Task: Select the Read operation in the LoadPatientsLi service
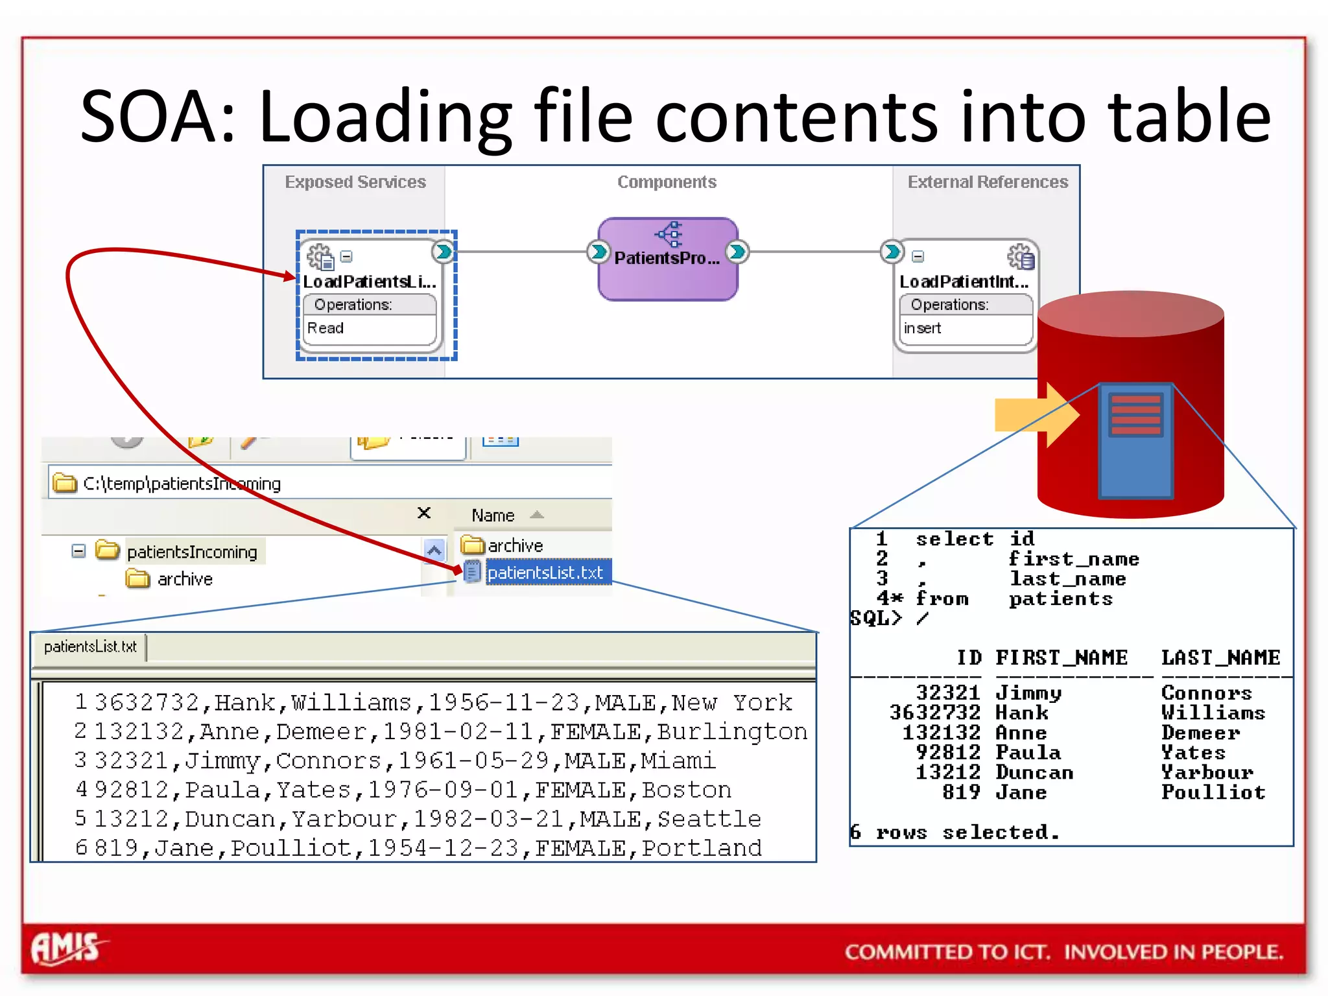(x=326, y=328)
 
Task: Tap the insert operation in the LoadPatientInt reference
(x=922, y=328)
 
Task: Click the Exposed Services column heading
(x=355, y=182)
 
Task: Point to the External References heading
(x=987, y=182)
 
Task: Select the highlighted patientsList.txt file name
(x=545, y=573)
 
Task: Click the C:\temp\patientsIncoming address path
(x=182, y=484)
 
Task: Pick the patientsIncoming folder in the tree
(x=192, y=552)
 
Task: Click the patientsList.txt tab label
(x=90, y=646)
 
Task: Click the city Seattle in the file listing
(x=709, y=819)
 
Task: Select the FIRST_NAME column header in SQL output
(x=1061, y=658)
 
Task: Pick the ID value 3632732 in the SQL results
(x=934, y=713)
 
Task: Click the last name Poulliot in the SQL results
(x=1213, y=792)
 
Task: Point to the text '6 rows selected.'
(x=954, y=832)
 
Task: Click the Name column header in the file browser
(x=493, y=516)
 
